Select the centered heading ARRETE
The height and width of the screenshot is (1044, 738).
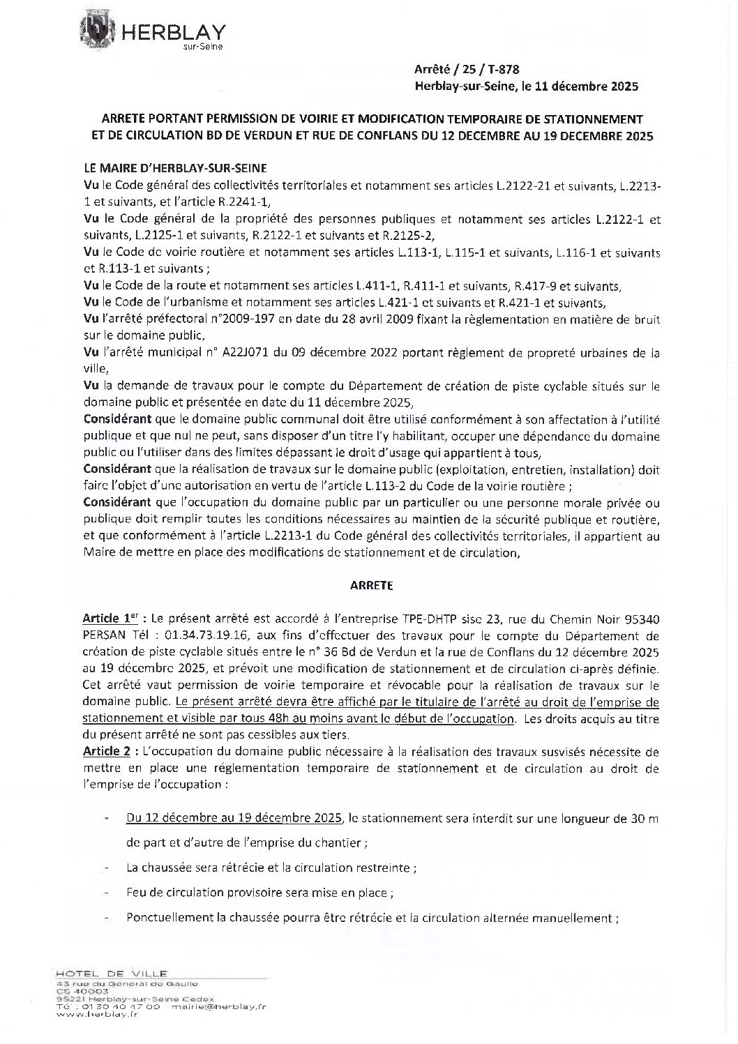tap(371, 586)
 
